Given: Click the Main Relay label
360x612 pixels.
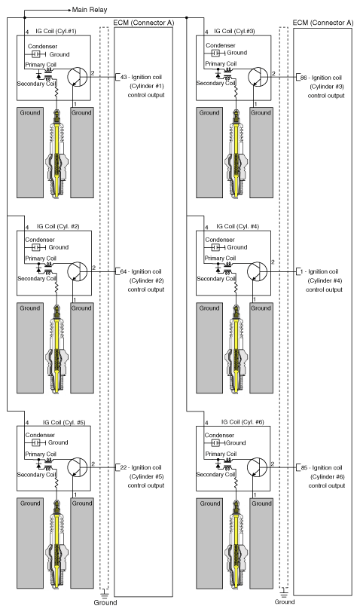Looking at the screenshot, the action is (x=90, y=9).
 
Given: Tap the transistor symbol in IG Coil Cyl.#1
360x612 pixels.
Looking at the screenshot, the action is (x=78, y=77).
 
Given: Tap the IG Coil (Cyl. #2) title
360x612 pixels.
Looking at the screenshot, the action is (x=58, y=226).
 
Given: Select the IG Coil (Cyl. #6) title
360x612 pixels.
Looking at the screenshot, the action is (x=243, y=422).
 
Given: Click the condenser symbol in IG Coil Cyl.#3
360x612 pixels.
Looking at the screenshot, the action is (x=215, y=53).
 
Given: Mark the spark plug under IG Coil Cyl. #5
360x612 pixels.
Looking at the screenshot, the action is (x=57, y=543).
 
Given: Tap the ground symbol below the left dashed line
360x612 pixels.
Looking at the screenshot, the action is (x=104, y=593).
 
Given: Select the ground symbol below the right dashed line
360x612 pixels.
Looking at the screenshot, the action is (x=284, y=593).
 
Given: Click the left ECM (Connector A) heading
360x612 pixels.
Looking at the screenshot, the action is (x=144, y=23).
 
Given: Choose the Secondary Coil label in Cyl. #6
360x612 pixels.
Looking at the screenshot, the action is (x=215, y=475).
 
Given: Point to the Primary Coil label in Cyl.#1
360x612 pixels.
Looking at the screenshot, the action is (x=41, y=65).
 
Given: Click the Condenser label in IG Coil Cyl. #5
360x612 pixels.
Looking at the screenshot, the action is (x=40, y=435).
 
